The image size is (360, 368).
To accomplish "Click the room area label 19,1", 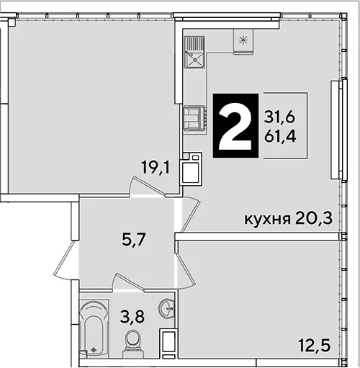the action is [156, 167].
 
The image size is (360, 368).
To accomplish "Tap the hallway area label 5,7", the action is [134, 239].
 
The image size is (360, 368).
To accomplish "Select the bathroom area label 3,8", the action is [132, 316].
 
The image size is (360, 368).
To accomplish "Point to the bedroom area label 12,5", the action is [315, 345].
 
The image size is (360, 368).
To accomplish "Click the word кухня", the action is [267, 220].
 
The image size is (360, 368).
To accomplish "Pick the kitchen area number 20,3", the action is [314, 218].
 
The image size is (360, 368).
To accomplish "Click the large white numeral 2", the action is [235, 125].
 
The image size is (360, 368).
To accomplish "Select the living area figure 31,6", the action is [279, 117].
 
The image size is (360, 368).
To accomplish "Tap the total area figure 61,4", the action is [280, 137].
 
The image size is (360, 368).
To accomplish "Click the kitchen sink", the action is [194, 53].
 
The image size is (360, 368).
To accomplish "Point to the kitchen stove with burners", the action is [194, 119].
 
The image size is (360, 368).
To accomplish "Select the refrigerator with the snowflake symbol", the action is [243, 41].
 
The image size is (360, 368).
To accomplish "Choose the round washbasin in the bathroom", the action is [166, 309].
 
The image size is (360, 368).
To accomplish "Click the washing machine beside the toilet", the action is [168, 344].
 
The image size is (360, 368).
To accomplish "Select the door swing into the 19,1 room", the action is [147, 187].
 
